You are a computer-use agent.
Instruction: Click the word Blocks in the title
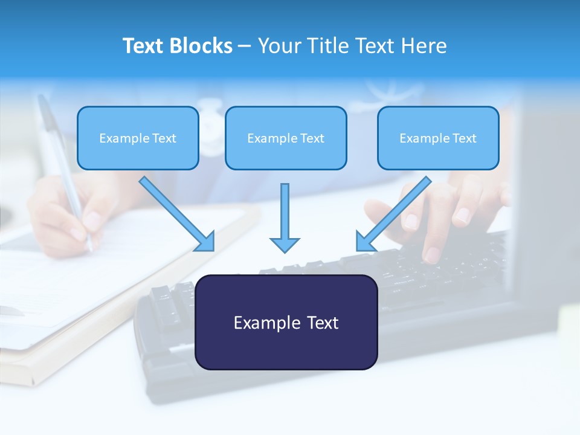point(202,46)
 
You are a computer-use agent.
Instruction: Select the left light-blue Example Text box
point(138,138)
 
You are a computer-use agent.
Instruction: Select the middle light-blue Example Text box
point(286,138)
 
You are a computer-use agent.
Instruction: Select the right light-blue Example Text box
point(438,138)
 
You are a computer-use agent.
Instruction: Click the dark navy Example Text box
point(286,322)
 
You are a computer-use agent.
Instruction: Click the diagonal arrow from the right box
point(396,211)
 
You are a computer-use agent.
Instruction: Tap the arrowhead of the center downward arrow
point(285,244)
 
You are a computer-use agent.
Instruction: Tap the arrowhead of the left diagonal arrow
point(206,242)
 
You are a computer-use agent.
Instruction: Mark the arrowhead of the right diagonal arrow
point(364,242)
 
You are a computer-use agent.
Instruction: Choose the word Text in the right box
point(465,138)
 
